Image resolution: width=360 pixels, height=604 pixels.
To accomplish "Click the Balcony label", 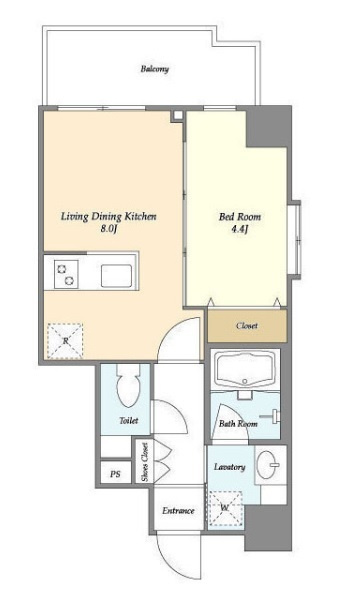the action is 154,69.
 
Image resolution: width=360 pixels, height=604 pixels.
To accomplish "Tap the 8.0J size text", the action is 108,229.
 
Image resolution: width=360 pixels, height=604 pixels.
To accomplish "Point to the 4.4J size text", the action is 239,230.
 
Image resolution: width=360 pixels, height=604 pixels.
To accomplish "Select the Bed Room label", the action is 239,217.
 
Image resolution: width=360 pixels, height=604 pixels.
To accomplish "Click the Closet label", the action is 247,326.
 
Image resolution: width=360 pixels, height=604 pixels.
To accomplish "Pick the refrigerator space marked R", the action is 65,341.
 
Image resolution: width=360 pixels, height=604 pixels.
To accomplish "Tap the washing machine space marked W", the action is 225,508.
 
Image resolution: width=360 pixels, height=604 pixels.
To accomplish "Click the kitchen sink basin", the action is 116,276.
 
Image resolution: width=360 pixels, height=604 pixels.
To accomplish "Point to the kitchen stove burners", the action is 66,274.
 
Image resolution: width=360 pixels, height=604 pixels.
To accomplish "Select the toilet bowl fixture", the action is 129,386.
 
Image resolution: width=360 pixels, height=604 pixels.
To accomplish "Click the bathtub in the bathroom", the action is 245,370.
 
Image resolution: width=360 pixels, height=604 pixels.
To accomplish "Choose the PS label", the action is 115,474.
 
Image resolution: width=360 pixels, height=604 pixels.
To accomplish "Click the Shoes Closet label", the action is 145,462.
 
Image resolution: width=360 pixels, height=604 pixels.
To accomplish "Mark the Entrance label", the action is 178,511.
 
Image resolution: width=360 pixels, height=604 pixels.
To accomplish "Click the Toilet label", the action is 129,421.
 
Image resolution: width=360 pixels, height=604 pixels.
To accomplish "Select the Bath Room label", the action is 238,424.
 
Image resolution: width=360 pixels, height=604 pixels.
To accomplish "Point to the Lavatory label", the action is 229,467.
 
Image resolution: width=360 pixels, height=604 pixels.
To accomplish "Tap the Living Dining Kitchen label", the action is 109,216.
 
